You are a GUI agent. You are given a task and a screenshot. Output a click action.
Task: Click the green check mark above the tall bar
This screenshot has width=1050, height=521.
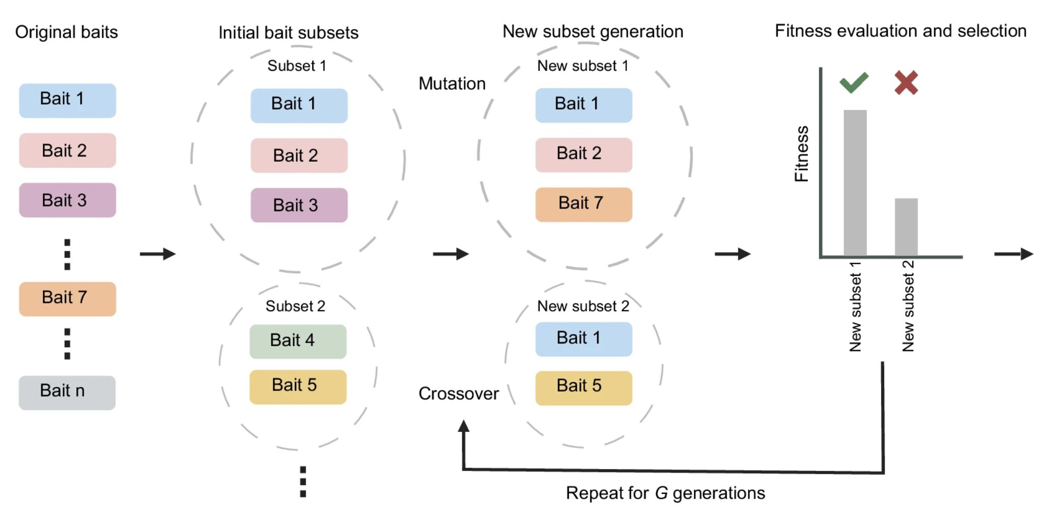point(854,83)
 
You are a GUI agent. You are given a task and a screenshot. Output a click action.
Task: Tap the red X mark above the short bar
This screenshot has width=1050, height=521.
point(906,83)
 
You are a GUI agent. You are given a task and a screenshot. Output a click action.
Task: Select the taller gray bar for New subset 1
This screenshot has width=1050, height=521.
point(855,184)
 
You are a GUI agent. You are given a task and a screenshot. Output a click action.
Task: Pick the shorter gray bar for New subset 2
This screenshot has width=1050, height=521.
point(906,227)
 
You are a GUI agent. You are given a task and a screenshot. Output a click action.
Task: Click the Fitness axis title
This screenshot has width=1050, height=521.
point(802,153)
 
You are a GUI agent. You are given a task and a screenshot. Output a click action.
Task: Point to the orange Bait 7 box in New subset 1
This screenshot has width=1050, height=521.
point(583,204)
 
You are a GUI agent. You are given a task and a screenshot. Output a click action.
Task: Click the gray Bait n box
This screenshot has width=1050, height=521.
point(67,392)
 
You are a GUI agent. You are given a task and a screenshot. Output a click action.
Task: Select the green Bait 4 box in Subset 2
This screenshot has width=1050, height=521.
point(297,341)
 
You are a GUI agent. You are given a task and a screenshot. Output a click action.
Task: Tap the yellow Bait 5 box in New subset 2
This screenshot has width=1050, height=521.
point(583,387)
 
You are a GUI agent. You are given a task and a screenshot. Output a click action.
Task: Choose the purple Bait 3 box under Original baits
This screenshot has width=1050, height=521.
point(67,200)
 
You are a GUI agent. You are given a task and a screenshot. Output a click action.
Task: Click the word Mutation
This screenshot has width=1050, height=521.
point(452,84)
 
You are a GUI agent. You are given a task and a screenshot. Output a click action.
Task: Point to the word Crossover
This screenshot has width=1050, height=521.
point(458,394)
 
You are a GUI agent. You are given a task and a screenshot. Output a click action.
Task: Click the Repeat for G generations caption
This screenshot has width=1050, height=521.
point(665,493)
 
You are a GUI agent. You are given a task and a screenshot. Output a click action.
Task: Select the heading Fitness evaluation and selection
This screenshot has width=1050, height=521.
point(900,31)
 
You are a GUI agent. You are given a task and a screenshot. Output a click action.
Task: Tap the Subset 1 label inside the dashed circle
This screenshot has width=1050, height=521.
point(296,66)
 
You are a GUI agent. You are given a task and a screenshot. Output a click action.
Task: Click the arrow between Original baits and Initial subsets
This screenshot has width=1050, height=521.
point(158,254)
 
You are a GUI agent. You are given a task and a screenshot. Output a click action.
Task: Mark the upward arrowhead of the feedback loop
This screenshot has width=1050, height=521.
point(463,426)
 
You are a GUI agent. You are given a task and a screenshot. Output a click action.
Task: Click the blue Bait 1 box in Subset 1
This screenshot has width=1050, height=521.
point(298,105)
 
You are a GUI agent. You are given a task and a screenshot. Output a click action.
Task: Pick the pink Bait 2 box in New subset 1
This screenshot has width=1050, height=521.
point(583,154)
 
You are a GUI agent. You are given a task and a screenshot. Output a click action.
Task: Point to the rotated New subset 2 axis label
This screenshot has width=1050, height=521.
point(908,306)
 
